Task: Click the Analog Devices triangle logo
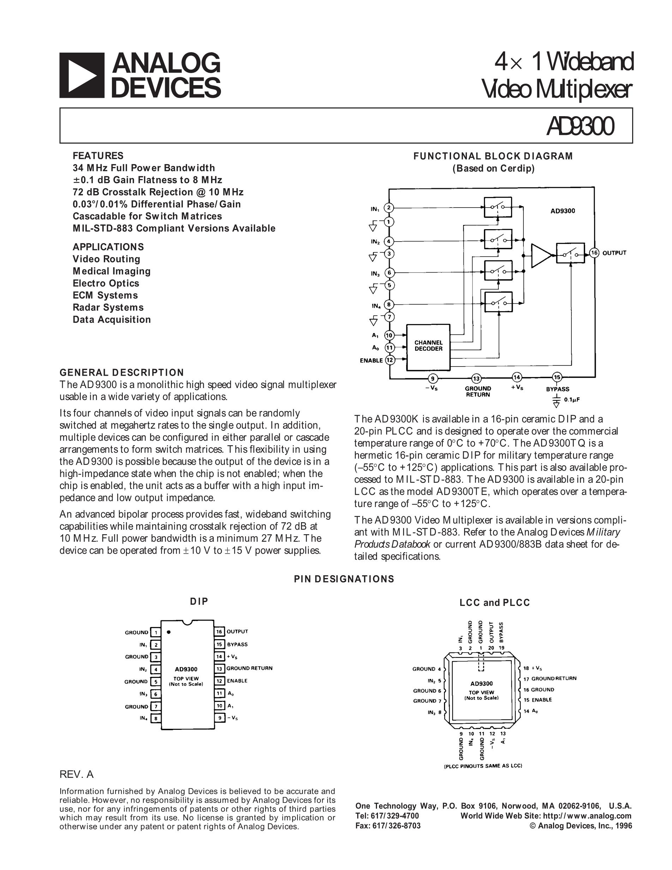tap(82, 75)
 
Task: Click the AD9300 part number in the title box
tap(580, 126)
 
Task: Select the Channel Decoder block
tap(428, 347)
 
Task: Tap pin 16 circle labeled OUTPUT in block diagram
tap(594, 253)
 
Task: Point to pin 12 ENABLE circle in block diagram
tap(389, 360)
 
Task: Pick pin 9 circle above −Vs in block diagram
tap(432, 378)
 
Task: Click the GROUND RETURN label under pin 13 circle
tap(478, 391)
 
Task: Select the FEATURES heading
tap(98, 156)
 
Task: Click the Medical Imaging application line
tap(112, 271)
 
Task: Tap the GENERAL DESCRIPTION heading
tap(122, 373)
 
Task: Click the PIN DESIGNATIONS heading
tap(344, 579)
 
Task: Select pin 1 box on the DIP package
tap(156, 632)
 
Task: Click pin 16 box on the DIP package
tap(219, 631)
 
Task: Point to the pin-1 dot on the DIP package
tap(169, 632)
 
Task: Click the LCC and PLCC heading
tap(495, 603)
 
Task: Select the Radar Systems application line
tap(108, 308)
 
